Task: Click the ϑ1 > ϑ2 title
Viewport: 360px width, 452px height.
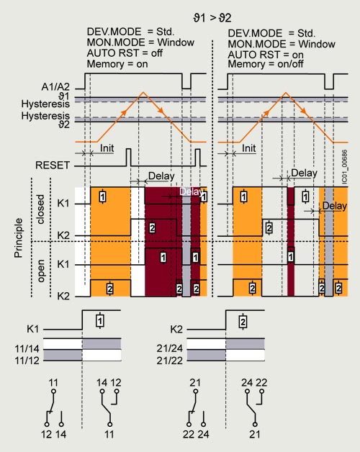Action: (212, 18)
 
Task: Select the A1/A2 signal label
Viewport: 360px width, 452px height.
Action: (55, 86)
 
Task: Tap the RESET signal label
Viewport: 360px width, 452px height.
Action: (53, 165)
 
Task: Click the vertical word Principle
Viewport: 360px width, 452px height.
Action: (19, 238)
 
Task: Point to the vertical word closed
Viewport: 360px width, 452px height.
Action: (40, 209)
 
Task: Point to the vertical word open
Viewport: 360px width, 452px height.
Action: (40, 271)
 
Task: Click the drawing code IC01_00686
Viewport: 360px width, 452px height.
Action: (344, 166)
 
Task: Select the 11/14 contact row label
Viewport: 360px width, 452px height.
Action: (27, 349)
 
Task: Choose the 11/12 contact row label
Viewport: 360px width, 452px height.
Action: (27, 361)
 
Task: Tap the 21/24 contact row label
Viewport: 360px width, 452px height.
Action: (170, 348)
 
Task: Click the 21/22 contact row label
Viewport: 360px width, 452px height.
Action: (170, 361)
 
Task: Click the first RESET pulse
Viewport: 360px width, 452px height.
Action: (128, 157)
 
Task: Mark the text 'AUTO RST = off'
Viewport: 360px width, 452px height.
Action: (125, 53)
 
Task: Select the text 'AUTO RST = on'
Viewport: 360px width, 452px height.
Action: (266, 55)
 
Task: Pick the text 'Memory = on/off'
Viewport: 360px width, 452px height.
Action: (266, 64)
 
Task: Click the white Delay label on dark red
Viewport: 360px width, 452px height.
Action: (190, 191)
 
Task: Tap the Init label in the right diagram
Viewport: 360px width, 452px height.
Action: (248, 148)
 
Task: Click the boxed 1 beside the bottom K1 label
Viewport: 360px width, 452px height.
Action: (100, 320)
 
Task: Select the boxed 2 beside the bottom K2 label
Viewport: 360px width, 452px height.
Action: (243, 321)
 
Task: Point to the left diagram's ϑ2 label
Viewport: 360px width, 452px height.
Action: (64, 125)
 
